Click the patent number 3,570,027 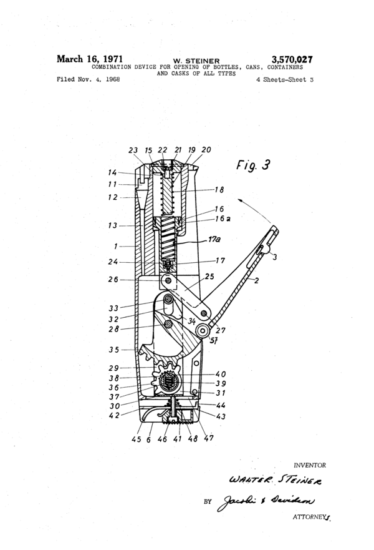pos(292,60)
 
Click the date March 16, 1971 pos(90,59)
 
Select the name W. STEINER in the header pos(196,61)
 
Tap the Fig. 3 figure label pos(253,165)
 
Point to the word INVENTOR pos(310,466)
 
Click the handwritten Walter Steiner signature pos(275,479)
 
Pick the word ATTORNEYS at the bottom pos(312,517)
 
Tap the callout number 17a pos(214,239)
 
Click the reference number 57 pos(213,340)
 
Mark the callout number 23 pos(133,150)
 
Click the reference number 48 pos(193,438)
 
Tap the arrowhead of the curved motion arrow pos(240,200)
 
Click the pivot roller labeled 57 pos(203,330)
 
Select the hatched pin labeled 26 pos(169,280)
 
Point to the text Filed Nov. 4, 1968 pos(89,79)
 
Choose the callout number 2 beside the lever pos(256,280)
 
